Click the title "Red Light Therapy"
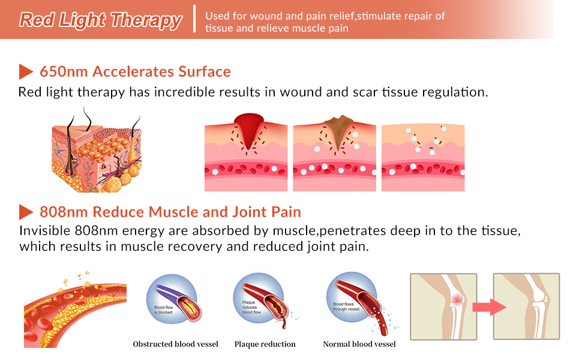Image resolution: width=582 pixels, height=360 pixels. tap(100, 20)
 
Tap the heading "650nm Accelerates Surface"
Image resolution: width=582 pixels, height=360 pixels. tap(135, 71)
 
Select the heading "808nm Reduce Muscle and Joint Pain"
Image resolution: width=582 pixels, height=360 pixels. tap(170, 212)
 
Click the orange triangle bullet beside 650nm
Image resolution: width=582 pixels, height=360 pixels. tap(25, 71)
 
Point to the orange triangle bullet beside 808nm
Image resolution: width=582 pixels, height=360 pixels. tap(25, 212)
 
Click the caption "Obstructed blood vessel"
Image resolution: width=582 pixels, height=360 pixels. tap(175, 344)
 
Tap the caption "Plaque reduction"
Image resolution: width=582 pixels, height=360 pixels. tap(265, 344)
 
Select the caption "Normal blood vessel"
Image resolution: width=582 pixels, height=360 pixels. tap(359, 344)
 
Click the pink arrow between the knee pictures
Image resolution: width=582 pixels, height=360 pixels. tap(485, 307)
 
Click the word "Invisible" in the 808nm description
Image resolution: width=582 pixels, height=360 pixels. tap(45, 231)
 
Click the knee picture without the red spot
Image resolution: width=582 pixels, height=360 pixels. tap(526, 307)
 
